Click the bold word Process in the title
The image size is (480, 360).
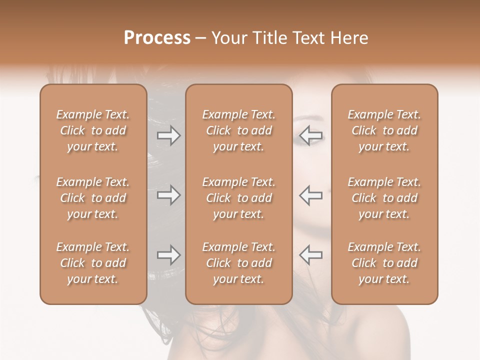click(x=157, y=38)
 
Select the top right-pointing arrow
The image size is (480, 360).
click(x=168, y=135)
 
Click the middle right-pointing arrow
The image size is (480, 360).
click(x=168, y=195)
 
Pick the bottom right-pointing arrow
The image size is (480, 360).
click(x=168, y=255)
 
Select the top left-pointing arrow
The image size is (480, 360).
click(x=310, y=135)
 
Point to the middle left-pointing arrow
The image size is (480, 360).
click(x=310, y=195)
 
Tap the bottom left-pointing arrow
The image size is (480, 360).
click(x=310, y=255)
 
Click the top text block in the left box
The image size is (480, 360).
click(x=93, y=130)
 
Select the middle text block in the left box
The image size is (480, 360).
click(x=93, y=198)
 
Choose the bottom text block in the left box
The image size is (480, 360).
click(x=93, y=263)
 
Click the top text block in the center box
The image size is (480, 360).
click(x=238, y=130)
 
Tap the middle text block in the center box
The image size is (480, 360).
click(x=238, y=198)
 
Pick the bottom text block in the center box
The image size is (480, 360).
click(x=238, y=263)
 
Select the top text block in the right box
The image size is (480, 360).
click(x=384, y=130)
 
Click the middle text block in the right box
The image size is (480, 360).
click(x=384, y=198)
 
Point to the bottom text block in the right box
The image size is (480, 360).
click(x=384, y=263)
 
